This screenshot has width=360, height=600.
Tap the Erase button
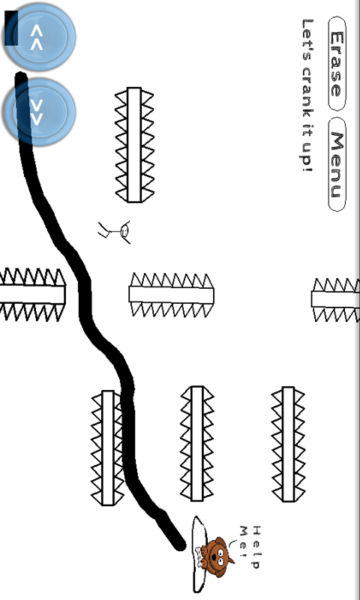[x=337, y=64]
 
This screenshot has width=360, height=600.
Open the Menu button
[x=337, y=164]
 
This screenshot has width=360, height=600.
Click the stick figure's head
[x=124, y=231]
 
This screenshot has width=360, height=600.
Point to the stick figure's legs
[x=103, y=230]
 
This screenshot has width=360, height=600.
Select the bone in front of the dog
[x=199, y=556]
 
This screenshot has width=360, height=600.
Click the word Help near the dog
[x=256, y=547]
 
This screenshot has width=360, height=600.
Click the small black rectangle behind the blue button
[x=10, y=28]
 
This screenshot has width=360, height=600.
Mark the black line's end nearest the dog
[x=179, y=544]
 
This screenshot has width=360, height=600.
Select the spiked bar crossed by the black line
[x=108, y=448]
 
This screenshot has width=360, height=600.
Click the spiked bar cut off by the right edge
[x=336, y=299]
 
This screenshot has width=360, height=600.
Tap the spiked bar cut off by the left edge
[x=32, y=294]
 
